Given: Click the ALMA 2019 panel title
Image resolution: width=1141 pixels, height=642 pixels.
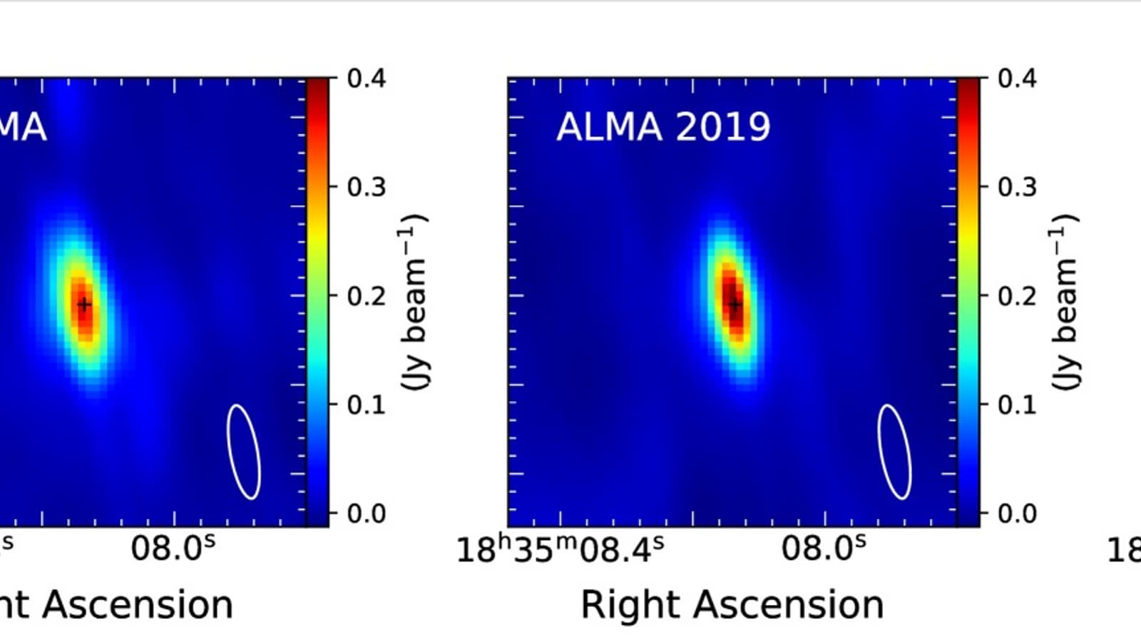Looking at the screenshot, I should coord(663,127).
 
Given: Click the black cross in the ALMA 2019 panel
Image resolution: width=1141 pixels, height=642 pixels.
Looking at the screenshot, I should coord(735,305).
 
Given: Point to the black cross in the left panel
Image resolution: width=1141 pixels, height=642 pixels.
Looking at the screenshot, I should coord(84,305).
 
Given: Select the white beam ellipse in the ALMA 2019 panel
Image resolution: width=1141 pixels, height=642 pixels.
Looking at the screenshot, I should coord(894,452).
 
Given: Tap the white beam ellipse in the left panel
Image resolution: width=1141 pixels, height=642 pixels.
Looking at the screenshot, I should coord(243,452).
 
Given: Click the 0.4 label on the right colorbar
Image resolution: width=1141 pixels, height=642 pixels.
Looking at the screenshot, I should coord(1017,78).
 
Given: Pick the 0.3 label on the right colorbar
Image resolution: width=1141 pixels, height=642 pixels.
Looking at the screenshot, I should coord(1017,187).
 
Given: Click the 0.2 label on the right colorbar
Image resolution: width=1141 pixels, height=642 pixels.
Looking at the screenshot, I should coord(1017,295).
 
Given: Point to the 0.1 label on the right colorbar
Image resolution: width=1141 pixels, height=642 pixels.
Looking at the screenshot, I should coord(1017,404).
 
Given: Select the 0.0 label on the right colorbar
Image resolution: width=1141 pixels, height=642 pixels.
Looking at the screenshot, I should coord(1017,513).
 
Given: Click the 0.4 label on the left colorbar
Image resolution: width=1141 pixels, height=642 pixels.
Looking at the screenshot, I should coord(367,78).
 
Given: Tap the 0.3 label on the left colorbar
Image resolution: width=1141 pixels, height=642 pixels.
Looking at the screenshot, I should coord(367,187).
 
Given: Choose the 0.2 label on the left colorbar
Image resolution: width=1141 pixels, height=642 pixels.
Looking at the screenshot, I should coord(367,295).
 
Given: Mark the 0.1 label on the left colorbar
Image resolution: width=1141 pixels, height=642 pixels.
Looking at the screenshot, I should coord(367,404).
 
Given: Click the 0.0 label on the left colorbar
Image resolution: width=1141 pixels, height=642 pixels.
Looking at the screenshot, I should coord(367,513).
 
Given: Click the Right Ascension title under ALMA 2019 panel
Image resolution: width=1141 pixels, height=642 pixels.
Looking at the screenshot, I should coord(732,605).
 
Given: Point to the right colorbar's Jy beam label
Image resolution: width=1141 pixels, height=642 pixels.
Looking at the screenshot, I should coord(1064,301).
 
